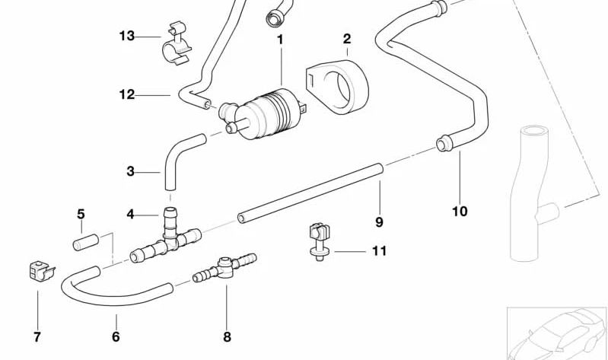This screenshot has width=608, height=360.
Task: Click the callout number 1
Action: [x=280, y=39]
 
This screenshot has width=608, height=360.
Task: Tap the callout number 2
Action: [x=347, y=39]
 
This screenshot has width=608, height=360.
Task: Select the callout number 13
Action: [x=126, y=36]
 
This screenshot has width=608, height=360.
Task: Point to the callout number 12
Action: [x=126, y=95]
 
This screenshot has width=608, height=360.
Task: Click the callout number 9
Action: [x=379, y=222]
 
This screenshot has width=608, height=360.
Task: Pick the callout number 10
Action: [x=460, y=212]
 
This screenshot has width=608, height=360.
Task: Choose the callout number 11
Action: [x=379, y=250]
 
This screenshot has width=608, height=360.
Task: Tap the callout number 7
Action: [x=37, y=337]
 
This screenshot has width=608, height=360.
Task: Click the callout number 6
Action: [x=116, y=337]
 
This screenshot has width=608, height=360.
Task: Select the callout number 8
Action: [x=227, y=337]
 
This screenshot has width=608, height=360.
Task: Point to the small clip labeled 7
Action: [x=37, y=270]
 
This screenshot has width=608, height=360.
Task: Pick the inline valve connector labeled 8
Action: [x=225, y=269]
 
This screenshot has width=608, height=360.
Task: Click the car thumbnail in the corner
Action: [x=557, y=333]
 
